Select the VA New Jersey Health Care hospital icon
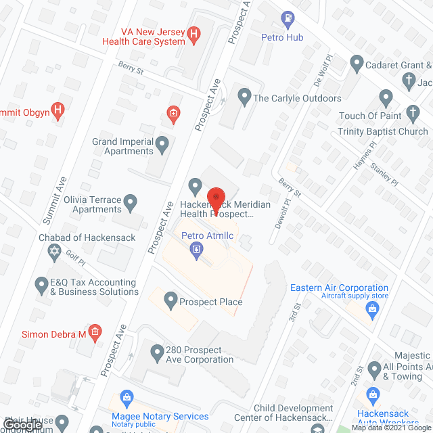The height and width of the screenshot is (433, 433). [x=194, y=32]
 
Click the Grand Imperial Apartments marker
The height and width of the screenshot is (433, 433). [x=162, y=143]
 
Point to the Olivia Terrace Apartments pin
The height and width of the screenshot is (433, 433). [x=132, y=201]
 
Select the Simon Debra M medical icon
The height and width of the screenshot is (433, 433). [x=95, y=332]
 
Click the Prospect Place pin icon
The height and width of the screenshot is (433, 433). [x=170, y=299]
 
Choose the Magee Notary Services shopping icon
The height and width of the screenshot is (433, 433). [x=126, y=396]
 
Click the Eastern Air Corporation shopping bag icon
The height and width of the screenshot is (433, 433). [x=371, y=309]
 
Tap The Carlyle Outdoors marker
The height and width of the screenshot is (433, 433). [x=244, y=97]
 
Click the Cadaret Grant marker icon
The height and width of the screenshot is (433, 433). [x=357, y=64]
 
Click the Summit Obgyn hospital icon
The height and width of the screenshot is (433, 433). [x=58, y=108]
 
